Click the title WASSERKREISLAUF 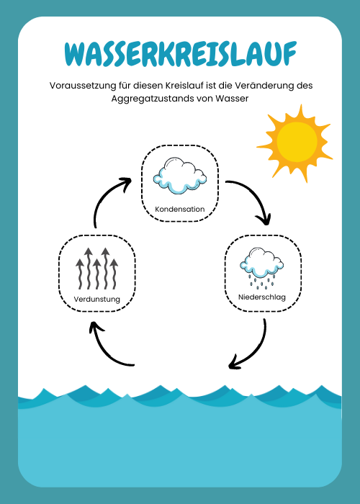coord(180,53)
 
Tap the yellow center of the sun coord(297,142)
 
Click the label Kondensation coord(180,209)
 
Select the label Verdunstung coord(96,299)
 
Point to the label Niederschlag coord(261,297)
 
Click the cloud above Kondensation coord(180,176)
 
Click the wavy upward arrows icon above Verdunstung coord(96,269)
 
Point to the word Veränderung coord(266,86)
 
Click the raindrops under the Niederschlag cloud coord(262,281)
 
